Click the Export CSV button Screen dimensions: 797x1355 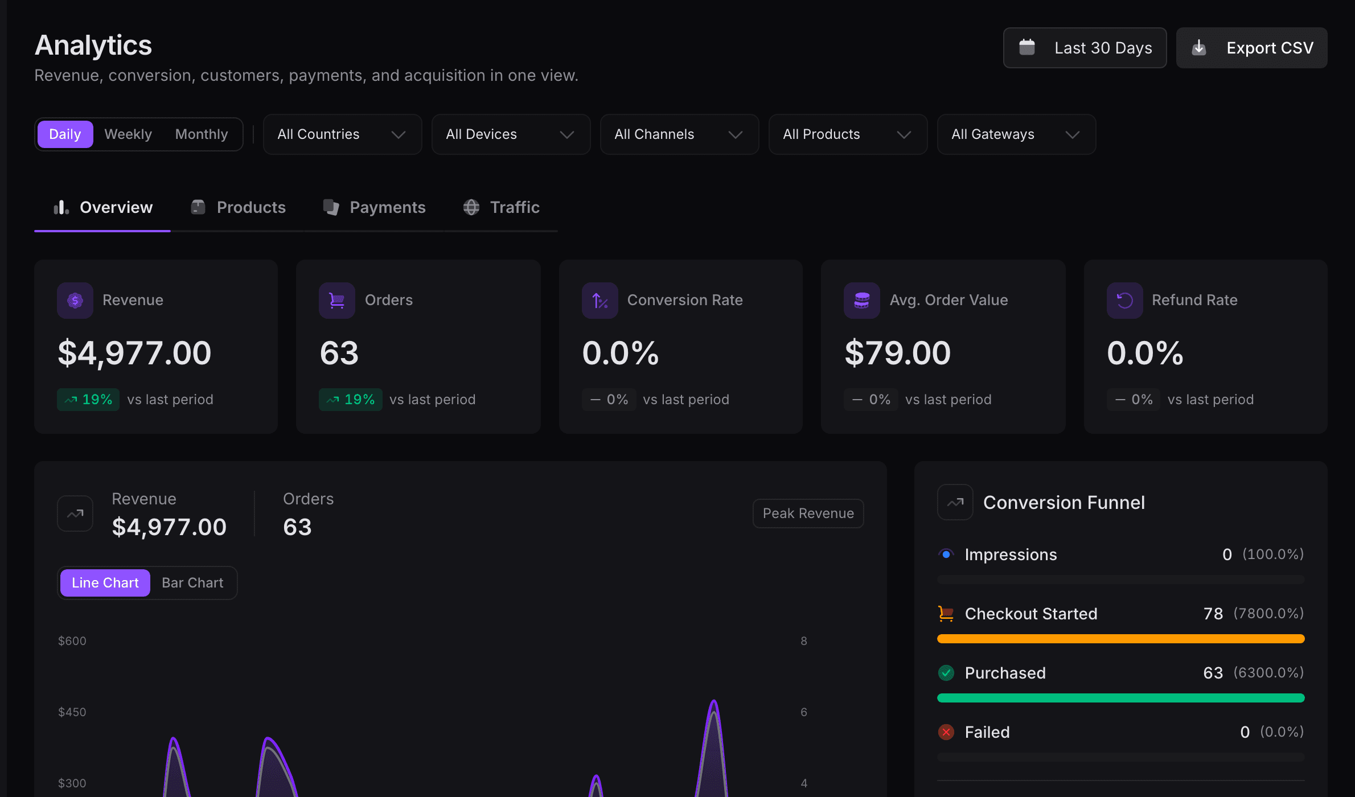tap(1251, 48)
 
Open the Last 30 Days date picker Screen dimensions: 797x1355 tap(1085, 48)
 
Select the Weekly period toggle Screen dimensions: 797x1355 tap(128, 134)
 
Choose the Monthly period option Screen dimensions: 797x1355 tap(201, 134)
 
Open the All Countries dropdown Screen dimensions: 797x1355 tap(342, 134)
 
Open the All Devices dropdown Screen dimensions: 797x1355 tap(511, 134)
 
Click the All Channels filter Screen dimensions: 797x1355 tap(679, 134)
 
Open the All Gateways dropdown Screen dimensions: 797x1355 tap(1016, 134)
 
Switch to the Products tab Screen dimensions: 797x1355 tap(239, 207)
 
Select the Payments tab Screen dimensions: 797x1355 tap(375, 207)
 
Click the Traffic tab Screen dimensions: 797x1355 tap(502, 207)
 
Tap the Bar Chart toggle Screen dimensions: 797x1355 tap(192, 583)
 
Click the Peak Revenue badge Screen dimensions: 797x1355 tap(808, 513)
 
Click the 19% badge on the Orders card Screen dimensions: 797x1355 tap(351, 400)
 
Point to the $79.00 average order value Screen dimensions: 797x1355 tap(898, 353)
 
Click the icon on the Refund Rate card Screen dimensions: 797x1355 tap(1124, 300)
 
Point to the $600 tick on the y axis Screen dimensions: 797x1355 tap(72, 641)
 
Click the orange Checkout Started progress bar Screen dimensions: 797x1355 tap(1120, 639)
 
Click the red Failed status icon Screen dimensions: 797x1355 tap(946, 732)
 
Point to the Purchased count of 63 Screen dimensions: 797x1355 tap(1213, 673)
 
